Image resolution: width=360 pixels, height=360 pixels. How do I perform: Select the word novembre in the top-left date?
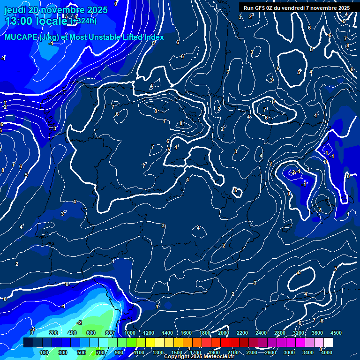click(x=59, y=10)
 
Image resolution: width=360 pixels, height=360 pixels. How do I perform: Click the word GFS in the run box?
click(x=262, y=8)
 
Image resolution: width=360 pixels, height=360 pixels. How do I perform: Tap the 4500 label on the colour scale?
click(x=336, y=332)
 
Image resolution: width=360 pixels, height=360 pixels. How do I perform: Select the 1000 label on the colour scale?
click(x=130, y=332)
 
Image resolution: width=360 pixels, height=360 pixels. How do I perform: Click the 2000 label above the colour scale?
click(x=224, y=332)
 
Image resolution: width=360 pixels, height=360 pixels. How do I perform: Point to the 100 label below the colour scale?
click(x=45, y=352)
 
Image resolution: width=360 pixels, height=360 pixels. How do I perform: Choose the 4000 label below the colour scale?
click(x=327, y=352)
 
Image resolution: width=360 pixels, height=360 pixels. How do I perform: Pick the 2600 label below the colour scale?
click(x=270, y=352)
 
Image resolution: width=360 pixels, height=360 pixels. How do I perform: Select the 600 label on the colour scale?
click(x=91, y=332)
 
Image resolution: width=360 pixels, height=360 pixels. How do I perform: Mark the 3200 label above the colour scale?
click(x=299, y=332)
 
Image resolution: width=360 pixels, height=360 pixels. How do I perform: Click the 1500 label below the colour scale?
click(x=176, y=352)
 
